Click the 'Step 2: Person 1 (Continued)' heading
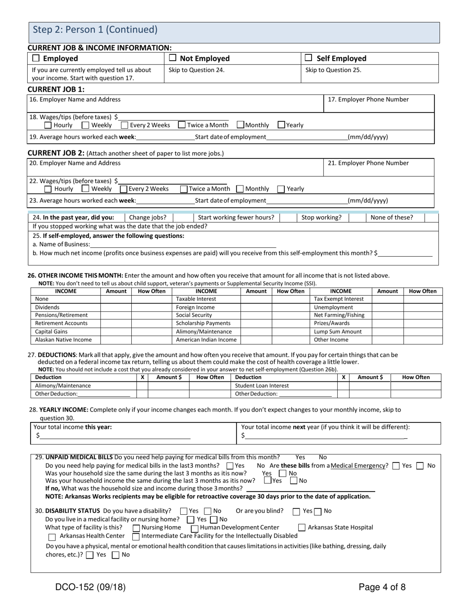pyautogui.click(x=95, y=30)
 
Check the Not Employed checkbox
pyautogui.click(x=173, y=58)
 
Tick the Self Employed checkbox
pyautogui.click(x=309, y=58)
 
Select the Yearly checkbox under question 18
pyautogui.click(x=281, y=125)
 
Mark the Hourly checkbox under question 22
pyautogui.click(x=48, y=189)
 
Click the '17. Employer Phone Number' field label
pyautogui.click(x=368, y=100)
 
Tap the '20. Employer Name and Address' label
pyautogui.click(x=75, y=163)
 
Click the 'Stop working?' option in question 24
pyautogui.click(x=321, y=217)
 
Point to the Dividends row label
pyautogui.click(x=47, y=307)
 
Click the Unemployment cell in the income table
pyautogui.click(x=334, y=307)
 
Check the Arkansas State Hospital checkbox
pyautogui.click(x=302, y=528)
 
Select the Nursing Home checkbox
pyautogui.click(x=136, y=528)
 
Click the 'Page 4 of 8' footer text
pyautogui.click(x=382, y=587)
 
